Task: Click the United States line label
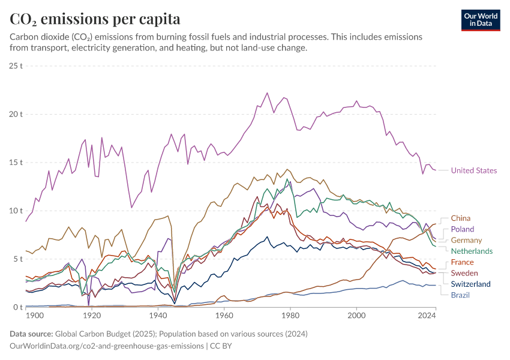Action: (473, 170)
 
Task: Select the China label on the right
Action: (460, 218)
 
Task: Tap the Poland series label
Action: (462, 229)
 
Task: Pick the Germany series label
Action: (466, 240)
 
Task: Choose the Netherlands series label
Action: (472, 251)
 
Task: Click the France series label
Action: (462, 262)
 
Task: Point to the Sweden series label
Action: (464, 273)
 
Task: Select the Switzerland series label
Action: (470, 284)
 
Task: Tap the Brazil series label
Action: (460, 295)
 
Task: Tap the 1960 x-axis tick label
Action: (224, 316)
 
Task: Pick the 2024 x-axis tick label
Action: (427, 316)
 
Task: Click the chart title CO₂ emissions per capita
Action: (95, 19)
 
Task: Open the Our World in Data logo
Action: (480, 19)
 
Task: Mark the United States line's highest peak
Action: (267, 93)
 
